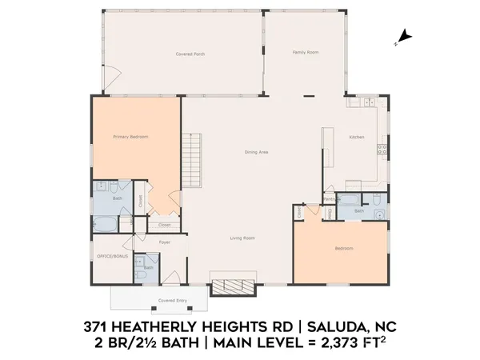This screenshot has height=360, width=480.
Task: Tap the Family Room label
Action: [x=306, y=51]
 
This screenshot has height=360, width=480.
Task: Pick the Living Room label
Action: [x=242, y=238]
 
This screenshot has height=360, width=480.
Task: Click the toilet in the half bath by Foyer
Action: [x=140, y=274]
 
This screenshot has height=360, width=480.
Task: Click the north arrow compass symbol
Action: [x=404, y=36]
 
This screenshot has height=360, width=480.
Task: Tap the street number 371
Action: [x=100, y=329]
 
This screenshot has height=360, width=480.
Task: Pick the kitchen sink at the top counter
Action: [x=366, y=102]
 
